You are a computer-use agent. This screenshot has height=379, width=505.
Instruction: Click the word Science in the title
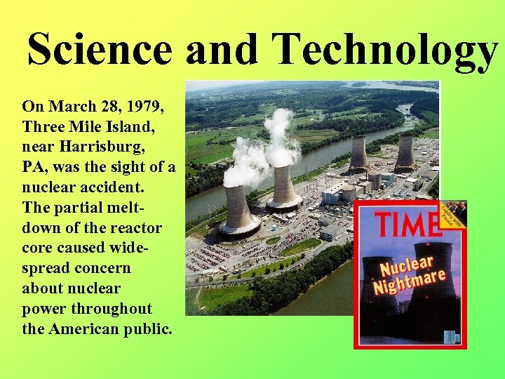click(x=99, y=50)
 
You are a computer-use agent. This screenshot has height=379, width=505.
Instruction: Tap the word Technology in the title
click(x=385, y=50)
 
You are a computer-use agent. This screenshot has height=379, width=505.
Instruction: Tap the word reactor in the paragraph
click(x=136, y=228)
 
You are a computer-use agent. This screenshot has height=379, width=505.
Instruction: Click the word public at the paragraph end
click(x=147, y=329)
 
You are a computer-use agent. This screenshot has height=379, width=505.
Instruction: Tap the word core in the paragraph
click(x=39, y=248)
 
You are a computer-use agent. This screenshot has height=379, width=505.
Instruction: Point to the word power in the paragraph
click(x=46, y=309)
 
